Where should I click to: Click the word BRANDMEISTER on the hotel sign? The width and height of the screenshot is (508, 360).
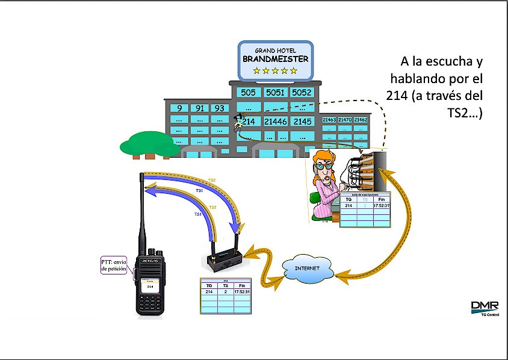coord(275,59)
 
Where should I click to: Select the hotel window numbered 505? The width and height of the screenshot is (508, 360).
coord(247,93)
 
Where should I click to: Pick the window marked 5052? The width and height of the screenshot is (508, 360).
coord(302,93)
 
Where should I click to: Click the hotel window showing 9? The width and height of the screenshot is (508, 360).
coord(179,108)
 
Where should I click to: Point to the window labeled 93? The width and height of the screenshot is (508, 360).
coord(219,108)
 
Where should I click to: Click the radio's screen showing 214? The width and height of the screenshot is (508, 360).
coord(151,287)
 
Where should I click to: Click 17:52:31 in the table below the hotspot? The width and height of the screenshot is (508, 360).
coord(244,292)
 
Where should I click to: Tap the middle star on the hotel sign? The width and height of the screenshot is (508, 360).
coord(275,70)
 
